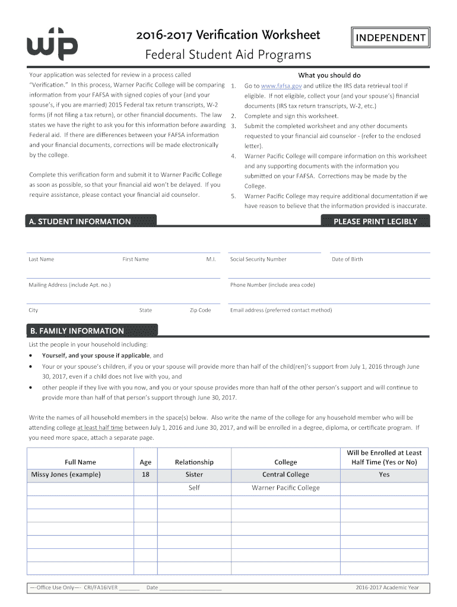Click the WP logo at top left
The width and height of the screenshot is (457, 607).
coord(52,43)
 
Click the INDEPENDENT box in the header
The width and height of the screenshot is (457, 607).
coord(390,38)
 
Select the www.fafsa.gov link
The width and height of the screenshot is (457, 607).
coord(281,85)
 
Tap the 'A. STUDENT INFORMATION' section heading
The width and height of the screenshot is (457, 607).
coord(80,221)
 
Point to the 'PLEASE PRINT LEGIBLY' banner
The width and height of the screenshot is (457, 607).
coord(375,221)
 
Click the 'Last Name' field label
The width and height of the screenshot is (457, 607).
coord(41,259)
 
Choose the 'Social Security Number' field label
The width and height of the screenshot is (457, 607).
coord(258,259)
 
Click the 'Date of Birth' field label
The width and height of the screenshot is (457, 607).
coord(347,259)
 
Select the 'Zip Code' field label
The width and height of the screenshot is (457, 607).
coord(200,310)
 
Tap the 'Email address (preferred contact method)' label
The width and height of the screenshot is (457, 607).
coord(281,310)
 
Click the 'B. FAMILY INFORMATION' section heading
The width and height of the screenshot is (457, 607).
coord(76,331)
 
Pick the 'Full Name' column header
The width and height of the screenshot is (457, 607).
coord(80,462)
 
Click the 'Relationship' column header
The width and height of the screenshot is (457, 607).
coord(194,462)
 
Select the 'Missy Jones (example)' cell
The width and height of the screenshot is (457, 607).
coord(66,474)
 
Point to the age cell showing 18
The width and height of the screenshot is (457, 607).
coord(145,474)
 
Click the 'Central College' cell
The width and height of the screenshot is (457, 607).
coord(285,474)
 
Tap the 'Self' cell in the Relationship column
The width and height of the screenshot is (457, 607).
coord(194,488)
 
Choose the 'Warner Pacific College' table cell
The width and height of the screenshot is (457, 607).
coord(285,488)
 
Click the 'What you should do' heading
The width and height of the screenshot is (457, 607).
coord(329,75)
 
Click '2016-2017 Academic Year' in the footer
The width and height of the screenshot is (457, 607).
coord(387,587)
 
